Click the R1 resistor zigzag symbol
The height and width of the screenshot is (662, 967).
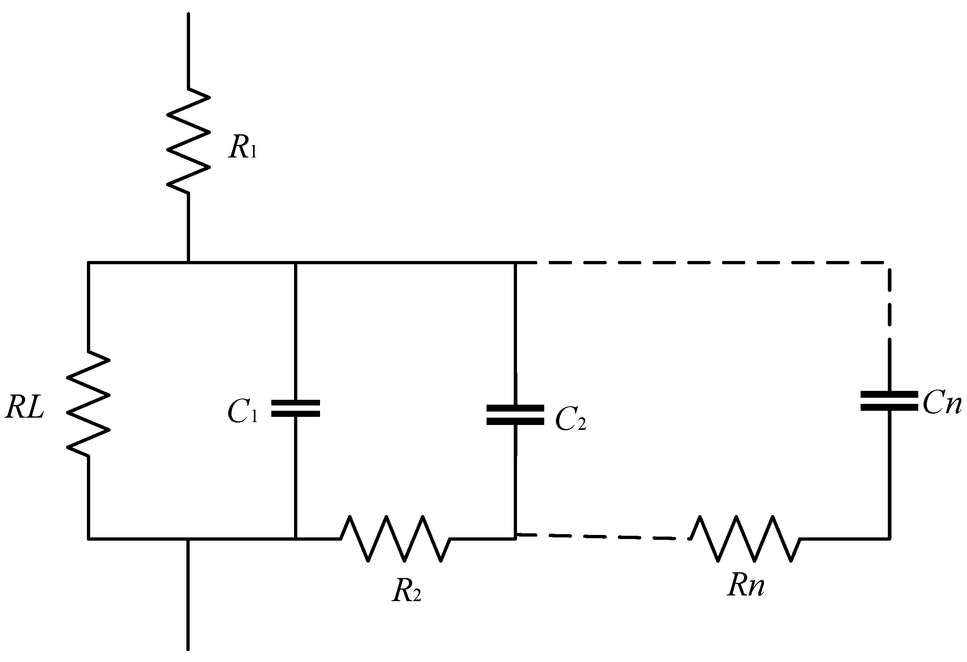pos(188,140)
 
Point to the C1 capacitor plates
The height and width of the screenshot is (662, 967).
pos(295,408)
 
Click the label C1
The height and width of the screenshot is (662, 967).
pos(243,412)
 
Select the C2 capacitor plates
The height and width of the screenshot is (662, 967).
pos(515,415)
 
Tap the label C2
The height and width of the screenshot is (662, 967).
pos(571,420)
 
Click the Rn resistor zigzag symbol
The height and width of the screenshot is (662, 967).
pos(745,539)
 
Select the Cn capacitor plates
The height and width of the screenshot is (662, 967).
pos(889,401)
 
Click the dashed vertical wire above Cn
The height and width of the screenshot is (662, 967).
pos(889,308)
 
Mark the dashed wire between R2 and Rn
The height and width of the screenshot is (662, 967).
pos(599,537)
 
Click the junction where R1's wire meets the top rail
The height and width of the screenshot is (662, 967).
pos(188,262)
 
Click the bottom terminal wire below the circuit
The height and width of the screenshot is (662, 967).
pos(188,603)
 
